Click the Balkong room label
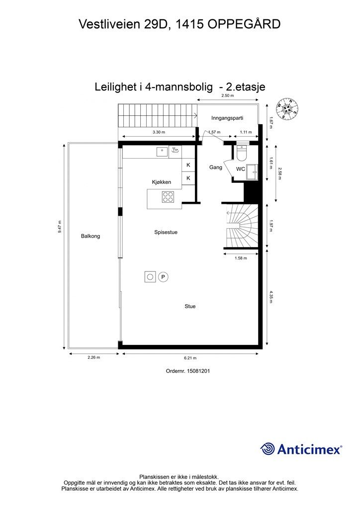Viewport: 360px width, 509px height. (x=90, y=236)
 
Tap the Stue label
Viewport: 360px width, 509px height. (x=190, y=307)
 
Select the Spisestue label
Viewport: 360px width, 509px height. (x=166, y=232)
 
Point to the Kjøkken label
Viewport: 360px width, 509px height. (x=162, y=182)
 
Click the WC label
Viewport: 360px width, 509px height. (x=240, y=169)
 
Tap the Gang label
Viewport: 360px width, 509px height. (x=215, y=168)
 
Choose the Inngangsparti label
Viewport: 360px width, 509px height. (x=227, y=118)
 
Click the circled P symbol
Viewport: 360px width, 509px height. (x=163, y=277)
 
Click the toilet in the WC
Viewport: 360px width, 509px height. (x=242, y=153)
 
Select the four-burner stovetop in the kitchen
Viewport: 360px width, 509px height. (x=168, y=197)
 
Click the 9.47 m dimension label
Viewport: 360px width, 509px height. (x=60, y=227)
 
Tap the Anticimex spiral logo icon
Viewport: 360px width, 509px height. (x=268, y=449)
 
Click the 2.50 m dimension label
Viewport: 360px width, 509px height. (x=228, y=96)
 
